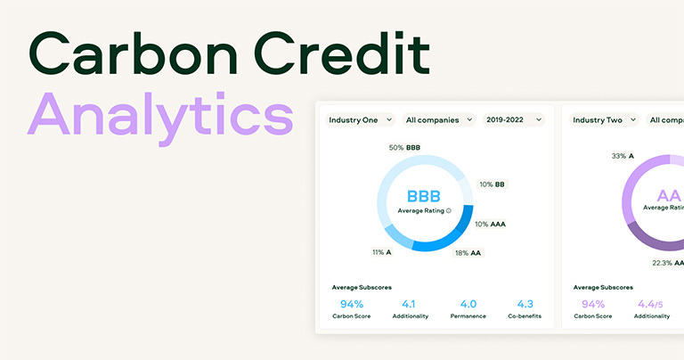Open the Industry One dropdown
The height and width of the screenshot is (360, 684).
coord(360,119)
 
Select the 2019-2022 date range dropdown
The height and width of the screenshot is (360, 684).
coord(513,119)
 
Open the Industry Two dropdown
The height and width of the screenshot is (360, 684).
coord(604,119)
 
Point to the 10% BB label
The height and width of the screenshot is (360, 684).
coord(493,184)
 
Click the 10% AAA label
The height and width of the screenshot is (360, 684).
coord(490,224)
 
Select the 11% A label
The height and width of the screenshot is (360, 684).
coord(381,252)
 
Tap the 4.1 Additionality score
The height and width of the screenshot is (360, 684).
coord(410,304)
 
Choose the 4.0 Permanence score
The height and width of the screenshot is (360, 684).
coord(468,304)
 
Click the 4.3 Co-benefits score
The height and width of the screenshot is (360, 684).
coord(525,304)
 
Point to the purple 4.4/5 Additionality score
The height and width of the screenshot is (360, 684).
coord(651,304)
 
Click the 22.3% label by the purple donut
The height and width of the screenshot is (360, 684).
coord(666,263)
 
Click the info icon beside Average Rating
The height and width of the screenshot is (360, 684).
coord(448,211)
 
